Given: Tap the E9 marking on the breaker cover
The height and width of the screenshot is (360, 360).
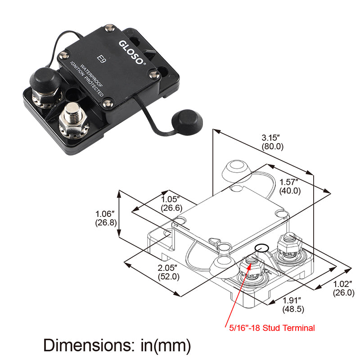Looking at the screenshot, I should coord(102,60).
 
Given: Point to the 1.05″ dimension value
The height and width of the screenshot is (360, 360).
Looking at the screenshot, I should coord(171,199).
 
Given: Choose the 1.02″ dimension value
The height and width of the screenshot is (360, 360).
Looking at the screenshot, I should coord(344,284).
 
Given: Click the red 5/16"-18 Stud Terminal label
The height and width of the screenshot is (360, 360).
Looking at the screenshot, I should coord(270,328).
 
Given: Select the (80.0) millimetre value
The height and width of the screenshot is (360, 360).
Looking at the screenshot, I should coord(273,146).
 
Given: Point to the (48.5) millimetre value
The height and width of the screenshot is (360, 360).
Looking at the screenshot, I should coord(293,310).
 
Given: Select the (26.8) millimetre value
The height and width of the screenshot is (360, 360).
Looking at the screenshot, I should coord(106,222).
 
